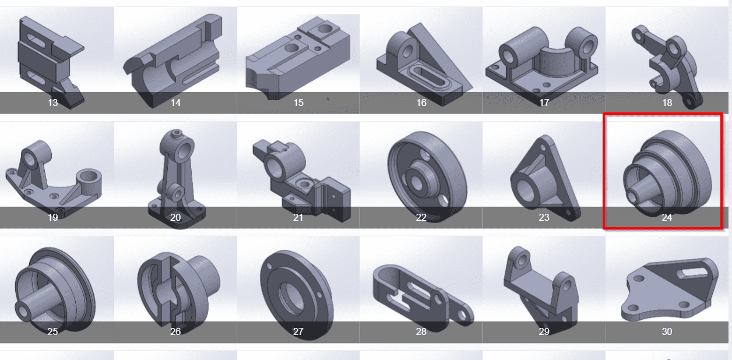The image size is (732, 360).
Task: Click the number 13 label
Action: tap(52, 103)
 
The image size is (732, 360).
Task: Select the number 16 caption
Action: tap(421, 103)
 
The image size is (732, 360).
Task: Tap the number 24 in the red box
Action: tap(667, 217)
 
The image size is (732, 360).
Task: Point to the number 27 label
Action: tap(298, 331)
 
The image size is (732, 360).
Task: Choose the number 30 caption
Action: tap(667, 331)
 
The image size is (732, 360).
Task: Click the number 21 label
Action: tap(298, 217)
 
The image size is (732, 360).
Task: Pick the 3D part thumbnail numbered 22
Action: tap(427, 177)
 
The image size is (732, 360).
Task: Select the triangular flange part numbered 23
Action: tap(545, 178)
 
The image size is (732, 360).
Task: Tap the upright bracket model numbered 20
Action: tap(177, 179)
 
